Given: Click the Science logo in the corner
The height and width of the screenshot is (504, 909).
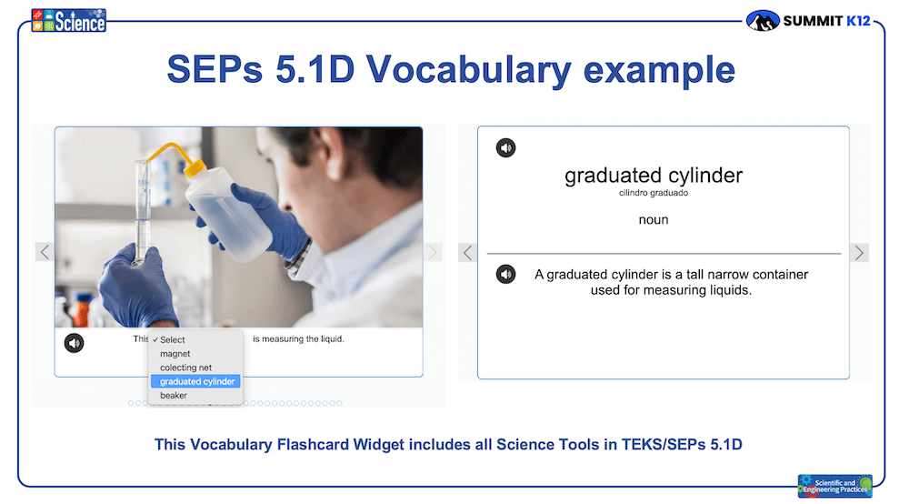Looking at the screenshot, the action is [x=68, y=20].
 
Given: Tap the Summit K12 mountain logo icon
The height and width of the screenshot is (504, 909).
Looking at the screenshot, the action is [x=763, y=21].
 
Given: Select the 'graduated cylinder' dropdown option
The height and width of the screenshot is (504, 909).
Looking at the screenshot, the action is [x=195, y=381].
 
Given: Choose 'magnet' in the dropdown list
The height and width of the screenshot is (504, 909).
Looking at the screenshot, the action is [x=175, y=354].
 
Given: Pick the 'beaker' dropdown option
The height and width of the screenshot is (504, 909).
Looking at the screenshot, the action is [x=174, y=396].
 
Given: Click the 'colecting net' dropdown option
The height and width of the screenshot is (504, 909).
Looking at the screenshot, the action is [x=185, y=368].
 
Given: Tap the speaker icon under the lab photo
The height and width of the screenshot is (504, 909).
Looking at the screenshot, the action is [x=75, y=343].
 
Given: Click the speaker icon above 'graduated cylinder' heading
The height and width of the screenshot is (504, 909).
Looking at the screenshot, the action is [x=505, y=148].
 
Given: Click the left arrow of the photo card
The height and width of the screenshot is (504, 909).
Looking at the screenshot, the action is [x=45, y=252].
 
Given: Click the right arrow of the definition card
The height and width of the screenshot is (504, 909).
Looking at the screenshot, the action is [x=859, y=253].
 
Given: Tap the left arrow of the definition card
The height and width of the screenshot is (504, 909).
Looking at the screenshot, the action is [x=468, y=253].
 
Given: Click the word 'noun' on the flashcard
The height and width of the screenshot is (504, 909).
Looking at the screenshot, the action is [x=654, y=220].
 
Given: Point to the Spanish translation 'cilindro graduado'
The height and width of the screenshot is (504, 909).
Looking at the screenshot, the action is [x=654, y=193].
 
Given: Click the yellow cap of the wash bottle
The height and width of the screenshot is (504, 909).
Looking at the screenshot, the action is [x=195, y=167].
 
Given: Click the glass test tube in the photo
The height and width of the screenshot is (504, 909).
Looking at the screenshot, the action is [x=142, y=213].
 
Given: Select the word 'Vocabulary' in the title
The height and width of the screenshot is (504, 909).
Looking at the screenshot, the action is [x=468, y=70].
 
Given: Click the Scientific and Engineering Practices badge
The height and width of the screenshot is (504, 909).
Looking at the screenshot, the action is [x=834, y=486].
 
